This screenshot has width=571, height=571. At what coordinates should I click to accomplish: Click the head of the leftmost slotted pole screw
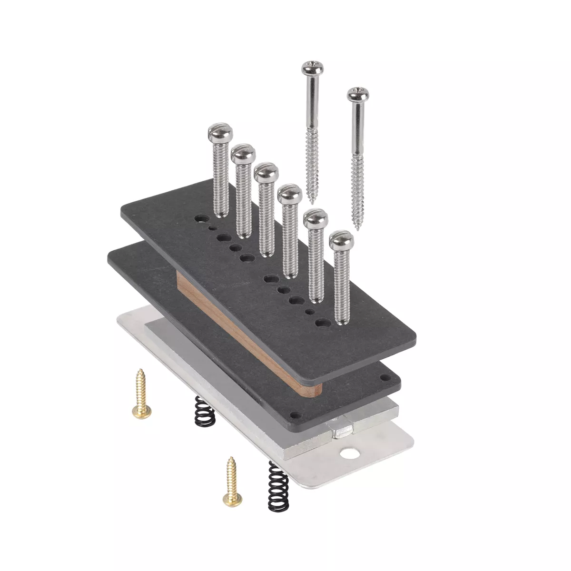click(220, 134)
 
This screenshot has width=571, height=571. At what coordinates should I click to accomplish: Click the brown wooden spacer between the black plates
click(247, 333)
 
